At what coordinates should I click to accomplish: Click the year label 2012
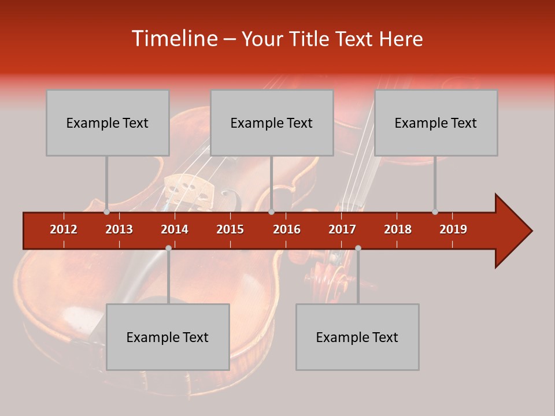click(x=64, y=229)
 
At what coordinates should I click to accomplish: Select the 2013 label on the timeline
click(x=119, y=229)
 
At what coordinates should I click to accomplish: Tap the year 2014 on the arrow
click(x=175, y=229)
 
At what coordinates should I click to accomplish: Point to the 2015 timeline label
click(x=230, y=229)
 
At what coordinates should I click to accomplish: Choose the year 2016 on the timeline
click(x=287, y=229)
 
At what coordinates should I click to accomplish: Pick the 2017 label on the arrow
click(x=342, y=229)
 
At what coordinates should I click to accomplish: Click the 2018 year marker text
click(x=398, y=229)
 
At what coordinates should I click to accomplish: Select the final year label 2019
click(x=453, y=229)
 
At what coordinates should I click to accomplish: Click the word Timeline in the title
click(x=173, y=39)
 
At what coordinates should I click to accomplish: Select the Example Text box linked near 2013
click(x=108, y=123)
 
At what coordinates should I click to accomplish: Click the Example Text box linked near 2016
click(x=272, y=123)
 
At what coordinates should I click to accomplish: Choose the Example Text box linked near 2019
click(x=436, y=123)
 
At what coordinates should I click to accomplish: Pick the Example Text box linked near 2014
click(x=168, y=337)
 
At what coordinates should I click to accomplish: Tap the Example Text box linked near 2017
click(x=357, y=337)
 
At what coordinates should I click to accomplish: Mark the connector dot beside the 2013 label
click(x=107, y=212)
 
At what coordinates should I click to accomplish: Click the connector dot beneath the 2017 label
click(x=358, y=248)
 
